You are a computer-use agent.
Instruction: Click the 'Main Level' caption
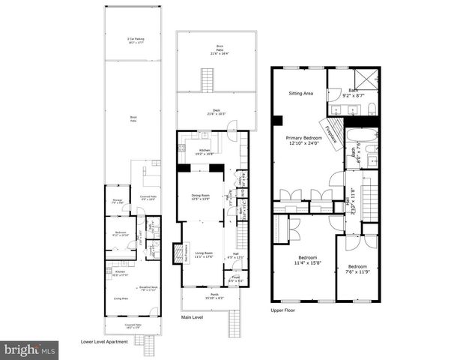point(192,316)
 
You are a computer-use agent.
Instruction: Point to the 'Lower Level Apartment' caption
point(103,342)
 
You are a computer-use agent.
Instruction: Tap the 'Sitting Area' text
point(301,94)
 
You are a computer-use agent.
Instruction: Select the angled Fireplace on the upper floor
point(330,128)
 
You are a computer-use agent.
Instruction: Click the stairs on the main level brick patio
point(206,78)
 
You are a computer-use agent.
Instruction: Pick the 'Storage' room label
point(118,201)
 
